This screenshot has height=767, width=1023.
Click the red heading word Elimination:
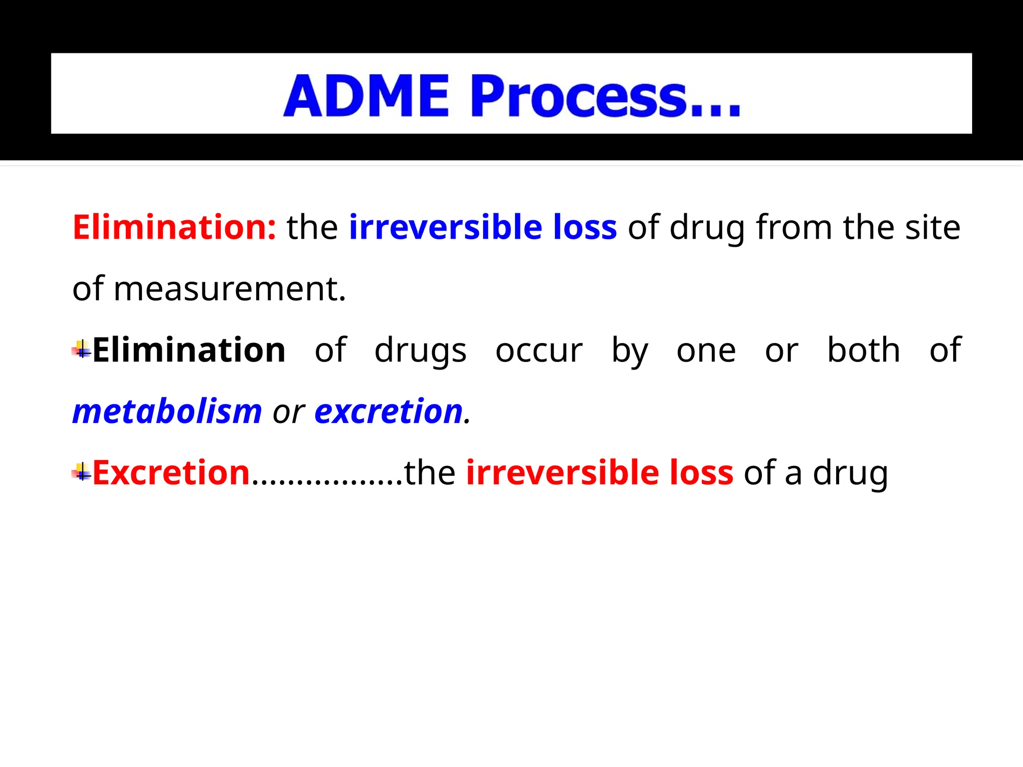tap(174, 227)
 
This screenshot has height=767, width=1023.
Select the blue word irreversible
tap(445, 227)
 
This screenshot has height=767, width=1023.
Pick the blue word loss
tap(585, 227)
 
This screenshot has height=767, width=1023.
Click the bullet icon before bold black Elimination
tap(81, 350)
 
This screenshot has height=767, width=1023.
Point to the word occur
tap(539, 351)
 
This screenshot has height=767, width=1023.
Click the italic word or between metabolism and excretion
tap(288, 413)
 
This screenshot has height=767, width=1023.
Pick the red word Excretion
tap(171, 472)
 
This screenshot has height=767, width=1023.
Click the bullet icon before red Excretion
tap(81, 472)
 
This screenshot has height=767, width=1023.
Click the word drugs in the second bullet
tap(420, 351)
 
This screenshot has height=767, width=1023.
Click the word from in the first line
tap(794, 227)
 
